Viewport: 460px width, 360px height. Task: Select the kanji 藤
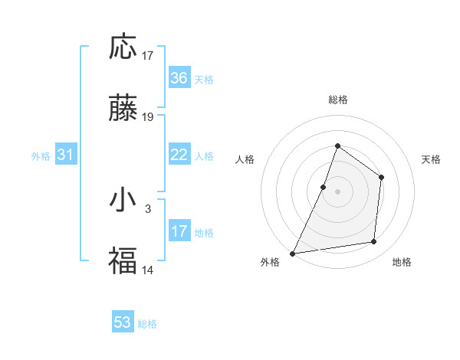tap(123, 110)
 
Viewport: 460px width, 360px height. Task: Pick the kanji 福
tap(123, 261)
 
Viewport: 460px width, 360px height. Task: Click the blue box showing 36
tap(179, 78)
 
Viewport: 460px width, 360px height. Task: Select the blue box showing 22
tap(179, 155)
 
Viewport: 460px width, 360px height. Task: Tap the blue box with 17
tap(179, 231)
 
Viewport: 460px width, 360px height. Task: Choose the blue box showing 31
tap(66, 155)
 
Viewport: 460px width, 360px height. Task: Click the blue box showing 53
tap(123, 322)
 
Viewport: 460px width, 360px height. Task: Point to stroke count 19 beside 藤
tap(148, 117)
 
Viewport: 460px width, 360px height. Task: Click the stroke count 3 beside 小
tap(148, 208)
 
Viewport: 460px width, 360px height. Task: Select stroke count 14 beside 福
tap(148, 270)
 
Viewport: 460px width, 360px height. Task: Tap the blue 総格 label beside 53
tap(147, 324)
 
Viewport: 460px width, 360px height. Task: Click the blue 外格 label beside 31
tap(41, 156)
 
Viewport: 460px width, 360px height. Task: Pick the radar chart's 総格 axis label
tap(337, 100)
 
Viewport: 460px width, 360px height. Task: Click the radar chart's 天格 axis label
tap(432, 159)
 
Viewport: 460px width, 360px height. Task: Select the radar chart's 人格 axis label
tap(245, 159)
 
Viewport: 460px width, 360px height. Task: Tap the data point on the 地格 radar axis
tap(374, 242)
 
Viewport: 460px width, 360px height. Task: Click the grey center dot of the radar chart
tap(337, 191)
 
